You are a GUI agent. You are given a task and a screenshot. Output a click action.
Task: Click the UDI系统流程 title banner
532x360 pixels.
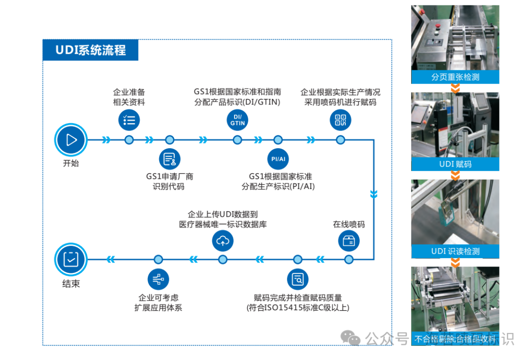click(90, 50)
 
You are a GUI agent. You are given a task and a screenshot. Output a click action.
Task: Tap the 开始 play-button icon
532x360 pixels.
click(71, 140)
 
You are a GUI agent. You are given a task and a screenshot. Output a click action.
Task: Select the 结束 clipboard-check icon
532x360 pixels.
click(71, 259)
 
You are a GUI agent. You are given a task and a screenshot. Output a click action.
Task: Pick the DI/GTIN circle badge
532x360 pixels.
click(237, 120)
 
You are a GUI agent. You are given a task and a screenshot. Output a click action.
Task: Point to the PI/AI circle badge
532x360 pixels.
click(278, 159)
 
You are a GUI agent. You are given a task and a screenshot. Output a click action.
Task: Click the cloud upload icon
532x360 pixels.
click(223, 241)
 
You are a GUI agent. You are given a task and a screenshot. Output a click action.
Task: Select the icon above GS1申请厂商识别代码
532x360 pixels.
click(169, 159)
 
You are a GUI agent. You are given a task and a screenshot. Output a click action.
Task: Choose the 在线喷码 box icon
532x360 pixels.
click(349, 241)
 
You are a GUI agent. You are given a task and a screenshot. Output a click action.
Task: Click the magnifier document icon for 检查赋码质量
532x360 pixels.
click(298, 279)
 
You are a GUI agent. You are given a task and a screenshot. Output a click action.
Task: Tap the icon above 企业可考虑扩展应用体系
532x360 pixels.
click(158, 279)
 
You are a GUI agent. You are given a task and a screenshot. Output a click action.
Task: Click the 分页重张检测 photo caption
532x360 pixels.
click(455, 77)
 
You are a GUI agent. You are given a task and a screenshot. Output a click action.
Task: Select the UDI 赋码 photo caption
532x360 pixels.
click(455, 164)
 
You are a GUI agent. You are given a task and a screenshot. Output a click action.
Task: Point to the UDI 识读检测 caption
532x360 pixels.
click(455, 251)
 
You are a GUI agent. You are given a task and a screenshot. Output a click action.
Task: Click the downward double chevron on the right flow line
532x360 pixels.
click(373, 195)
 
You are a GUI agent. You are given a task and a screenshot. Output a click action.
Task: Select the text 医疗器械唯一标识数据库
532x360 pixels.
click(223, 224)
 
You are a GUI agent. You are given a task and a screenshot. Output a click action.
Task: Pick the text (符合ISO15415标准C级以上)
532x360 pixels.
click(298, 308)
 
